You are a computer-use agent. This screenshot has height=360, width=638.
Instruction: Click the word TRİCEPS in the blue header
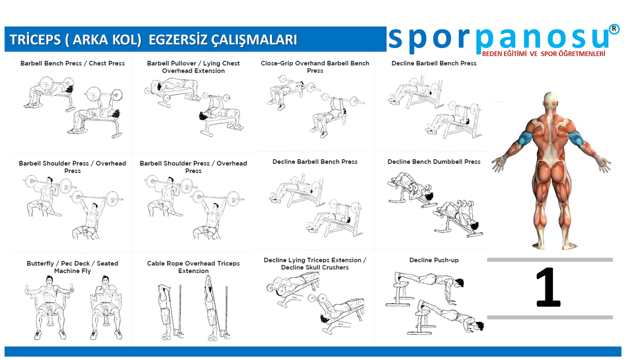click(35, 39)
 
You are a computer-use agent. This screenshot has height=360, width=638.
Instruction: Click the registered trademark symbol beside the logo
click(614, 29)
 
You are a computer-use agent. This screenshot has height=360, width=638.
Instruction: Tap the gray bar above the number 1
click(550, 260)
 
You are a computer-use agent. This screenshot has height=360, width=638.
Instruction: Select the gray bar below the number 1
click(550, 317)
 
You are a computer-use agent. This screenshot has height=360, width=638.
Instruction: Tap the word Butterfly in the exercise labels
click(40, 264)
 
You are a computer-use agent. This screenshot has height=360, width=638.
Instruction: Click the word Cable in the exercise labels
click(155, 264)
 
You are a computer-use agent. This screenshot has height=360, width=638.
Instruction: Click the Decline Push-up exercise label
click(434, 260)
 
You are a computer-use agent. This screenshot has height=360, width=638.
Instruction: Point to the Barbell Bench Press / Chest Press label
click(72, 63)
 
